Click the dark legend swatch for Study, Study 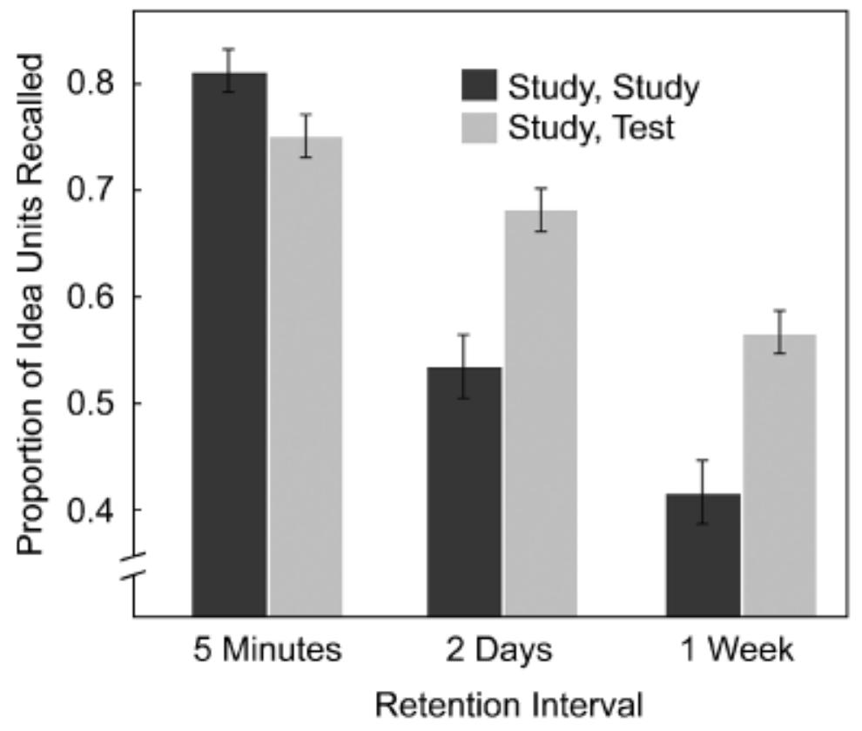pyautogui.click(x=478, y=87)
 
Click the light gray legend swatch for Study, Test pyautogui.click(x=478, y=128)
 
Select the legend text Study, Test pyautogui.click(x=591, y=128)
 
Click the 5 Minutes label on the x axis pyautogui.click(x=266, y=651)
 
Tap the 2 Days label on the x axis pyautogui.click(x=502, y=651)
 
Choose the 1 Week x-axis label pyautogui.click(x=739, y=651)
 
